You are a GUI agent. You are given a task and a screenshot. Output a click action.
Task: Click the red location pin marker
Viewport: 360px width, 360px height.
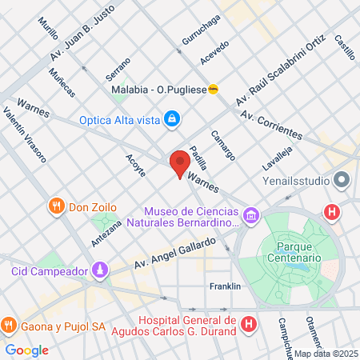coord(179,162)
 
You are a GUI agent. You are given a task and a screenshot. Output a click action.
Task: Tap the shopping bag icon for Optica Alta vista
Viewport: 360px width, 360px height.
coord(171,120)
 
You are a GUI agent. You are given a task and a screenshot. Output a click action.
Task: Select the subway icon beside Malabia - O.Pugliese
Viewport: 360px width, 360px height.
coord(213,90)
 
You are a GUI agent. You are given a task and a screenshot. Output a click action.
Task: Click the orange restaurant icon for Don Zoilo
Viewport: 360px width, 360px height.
coord(55,206)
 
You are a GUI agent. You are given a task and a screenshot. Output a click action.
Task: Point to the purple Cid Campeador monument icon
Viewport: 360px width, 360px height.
coord(98,270)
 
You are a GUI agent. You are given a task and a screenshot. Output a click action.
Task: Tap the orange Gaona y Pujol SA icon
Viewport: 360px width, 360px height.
coord(7,326)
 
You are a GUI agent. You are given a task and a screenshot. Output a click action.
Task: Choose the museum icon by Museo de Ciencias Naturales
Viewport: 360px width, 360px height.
coord(251,214)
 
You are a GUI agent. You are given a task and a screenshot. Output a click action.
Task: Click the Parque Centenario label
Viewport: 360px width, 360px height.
coord(294,252)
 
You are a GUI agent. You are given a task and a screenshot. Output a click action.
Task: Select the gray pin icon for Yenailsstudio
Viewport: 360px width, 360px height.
coord(343,179)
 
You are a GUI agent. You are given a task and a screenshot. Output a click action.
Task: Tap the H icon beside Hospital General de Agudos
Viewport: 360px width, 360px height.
coord(249,325)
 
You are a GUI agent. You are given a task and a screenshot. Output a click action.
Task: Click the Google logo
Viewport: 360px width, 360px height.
coord(26,350)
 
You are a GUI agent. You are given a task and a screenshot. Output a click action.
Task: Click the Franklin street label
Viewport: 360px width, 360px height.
coord(224,286)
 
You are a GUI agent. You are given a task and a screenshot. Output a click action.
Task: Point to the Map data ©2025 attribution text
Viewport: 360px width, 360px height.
coord(325,354)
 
